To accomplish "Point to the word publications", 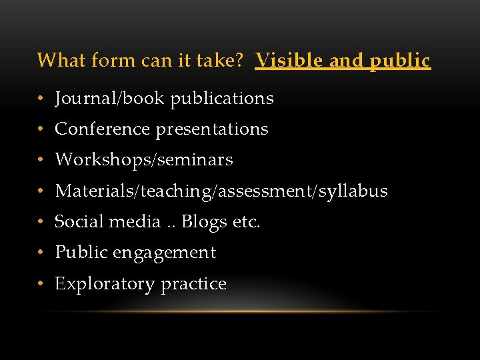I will click(x=222, y=99).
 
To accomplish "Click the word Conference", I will click(x=103, y=129).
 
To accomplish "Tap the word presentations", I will click(x=212, y=129).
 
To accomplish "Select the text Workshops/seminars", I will click(x=144, y=160).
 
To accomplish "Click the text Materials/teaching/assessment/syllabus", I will click(x=221, y=191).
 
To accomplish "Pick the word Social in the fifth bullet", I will click(x=75, y=221).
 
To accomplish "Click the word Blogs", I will click(x=205, y=222).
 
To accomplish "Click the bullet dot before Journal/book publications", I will click(x=41, y=99).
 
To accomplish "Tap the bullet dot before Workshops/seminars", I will click(x=41, y=161).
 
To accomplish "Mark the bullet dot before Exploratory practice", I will click(x=41, y=284).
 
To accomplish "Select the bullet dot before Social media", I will click(x=41, y=222).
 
